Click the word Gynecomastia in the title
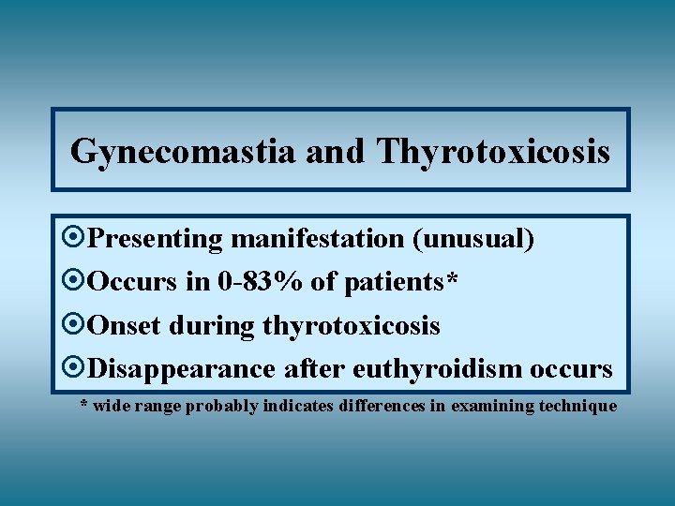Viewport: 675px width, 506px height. [184, 151]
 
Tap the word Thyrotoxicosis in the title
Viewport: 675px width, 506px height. [493, 151]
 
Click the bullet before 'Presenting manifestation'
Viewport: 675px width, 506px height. [75, 239]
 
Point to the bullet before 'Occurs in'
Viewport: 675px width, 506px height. [75, 282]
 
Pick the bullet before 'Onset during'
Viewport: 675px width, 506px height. [75, 325]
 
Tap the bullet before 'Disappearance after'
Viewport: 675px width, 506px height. [75, 368]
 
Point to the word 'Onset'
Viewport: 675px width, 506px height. [125, 325]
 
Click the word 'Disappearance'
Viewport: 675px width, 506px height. [181, 368]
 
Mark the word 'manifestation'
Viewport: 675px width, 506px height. [317, 239]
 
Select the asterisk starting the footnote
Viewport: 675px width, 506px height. [84, 405]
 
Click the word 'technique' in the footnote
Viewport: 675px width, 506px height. [577, 406]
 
